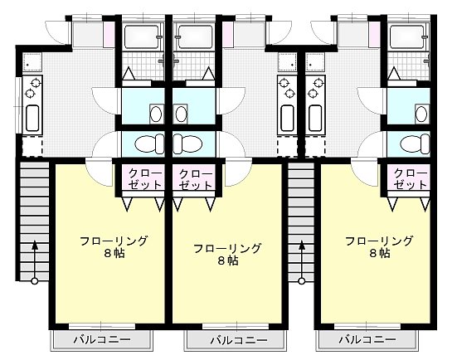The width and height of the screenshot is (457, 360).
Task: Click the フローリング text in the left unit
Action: [x=114, y=241]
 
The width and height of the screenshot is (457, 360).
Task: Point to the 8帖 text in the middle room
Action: [x=227, y=260]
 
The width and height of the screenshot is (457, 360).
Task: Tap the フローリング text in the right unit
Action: [x=379, y=241]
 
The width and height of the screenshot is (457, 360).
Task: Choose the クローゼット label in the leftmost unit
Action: [x=143, y=179]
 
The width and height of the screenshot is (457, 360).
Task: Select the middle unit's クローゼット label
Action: [x=196, y=179]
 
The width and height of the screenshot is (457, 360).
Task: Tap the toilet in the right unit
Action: [x=413, y=144]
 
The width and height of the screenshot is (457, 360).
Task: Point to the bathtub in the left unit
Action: [x=143, y=36]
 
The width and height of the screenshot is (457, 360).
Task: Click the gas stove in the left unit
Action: [x=35, y=85]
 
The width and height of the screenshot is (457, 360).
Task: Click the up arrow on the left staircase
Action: [x=35, y=246]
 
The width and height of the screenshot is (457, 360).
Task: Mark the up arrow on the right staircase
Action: [x=301, y=246]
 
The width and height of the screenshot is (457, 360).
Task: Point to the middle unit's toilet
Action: [x=187, y=144]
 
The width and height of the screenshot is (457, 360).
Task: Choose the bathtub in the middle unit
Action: [x=195, y=36]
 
